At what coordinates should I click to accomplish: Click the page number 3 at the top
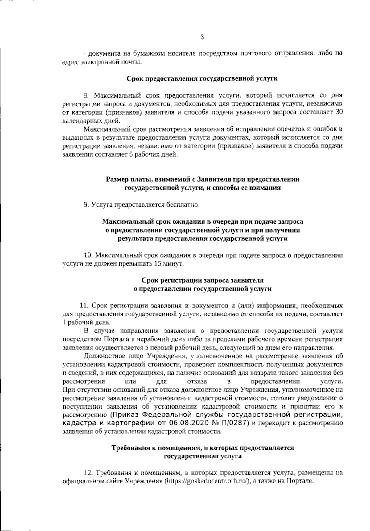(202, 37)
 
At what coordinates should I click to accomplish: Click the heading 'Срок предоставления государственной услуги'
(202, 78)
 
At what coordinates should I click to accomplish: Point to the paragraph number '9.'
(86, 204)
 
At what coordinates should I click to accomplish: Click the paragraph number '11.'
(84, 306)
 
